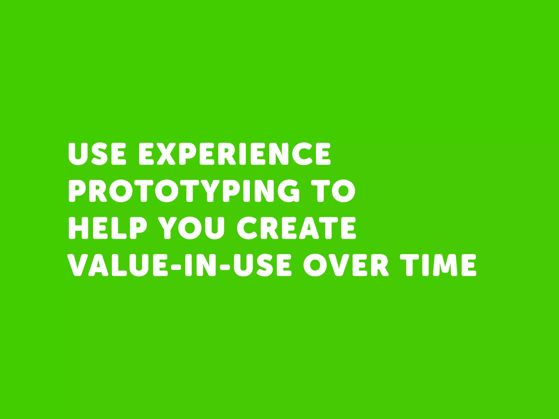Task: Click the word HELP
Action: tap(108, 228)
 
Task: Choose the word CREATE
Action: tap(296, 228)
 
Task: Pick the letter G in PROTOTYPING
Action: tap(288, 191)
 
